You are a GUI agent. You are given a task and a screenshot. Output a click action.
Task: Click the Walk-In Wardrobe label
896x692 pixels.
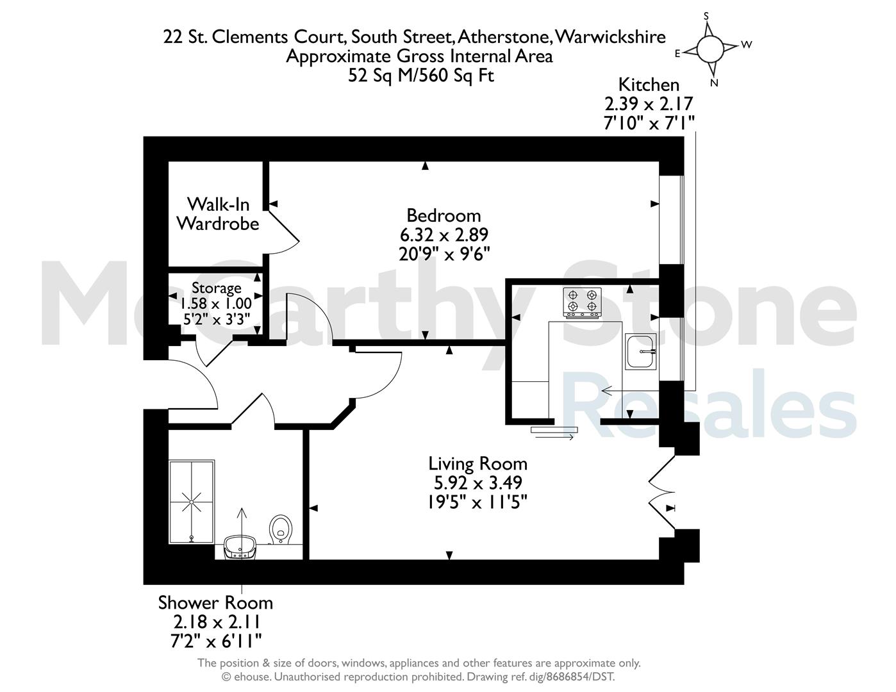click(218, 214)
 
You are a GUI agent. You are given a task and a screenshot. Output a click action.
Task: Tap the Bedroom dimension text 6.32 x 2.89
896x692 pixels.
click(444, 235)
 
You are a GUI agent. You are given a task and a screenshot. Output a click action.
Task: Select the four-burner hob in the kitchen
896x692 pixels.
click(582, 303)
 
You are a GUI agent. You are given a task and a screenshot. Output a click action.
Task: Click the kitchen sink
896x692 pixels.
click(640, 351)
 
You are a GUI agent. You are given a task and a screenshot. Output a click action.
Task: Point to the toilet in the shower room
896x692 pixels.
click(280, 530)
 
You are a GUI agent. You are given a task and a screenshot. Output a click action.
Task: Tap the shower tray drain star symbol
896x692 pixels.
click(192, 502)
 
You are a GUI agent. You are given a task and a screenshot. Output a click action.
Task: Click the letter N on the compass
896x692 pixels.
click(714, 83)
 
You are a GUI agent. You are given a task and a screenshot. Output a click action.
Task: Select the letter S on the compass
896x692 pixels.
click(706, 16)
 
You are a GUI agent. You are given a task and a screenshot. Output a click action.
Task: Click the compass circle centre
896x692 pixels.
click(710, 49)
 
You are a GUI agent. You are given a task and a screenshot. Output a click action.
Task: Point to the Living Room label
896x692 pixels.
click(478, 464)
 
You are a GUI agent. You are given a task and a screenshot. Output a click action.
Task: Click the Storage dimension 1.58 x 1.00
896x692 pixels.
click(215, 304)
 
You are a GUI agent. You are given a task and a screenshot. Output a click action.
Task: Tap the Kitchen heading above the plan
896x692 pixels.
click(649, 85)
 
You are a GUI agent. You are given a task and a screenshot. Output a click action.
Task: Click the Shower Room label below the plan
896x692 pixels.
click(215, 603)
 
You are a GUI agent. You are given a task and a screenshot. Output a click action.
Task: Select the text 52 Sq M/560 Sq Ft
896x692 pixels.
click(421, 76)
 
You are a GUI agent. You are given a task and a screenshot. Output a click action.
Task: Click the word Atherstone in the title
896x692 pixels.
click(504, 37)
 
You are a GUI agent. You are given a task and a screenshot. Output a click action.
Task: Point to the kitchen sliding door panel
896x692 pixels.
click(554, 430)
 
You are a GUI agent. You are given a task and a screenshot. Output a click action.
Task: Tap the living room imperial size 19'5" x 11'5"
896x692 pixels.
click(477, 502)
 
